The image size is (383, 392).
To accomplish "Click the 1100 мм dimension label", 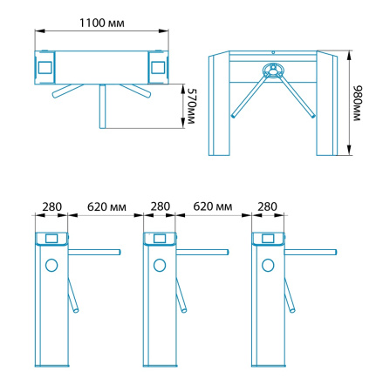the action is (102, 23).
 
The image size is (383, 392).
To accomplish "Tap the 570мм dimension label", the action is (191, 106).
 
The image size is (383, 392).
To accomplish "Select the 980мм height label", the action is (357, 103).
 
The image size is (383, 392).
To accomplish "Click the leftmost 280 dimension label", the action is (52, 206).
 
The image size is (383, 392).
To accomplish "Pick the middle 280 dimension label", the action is (161, 206).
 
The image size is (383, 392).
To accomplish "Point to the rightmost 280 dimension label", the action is (267, 206).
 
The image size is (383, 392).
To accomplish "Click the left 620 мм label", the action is (106, 206).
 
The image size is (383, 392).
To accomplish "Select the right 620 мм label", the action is (213, 206).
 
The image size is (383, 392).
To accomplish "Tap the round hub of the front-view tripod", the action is (274, 70).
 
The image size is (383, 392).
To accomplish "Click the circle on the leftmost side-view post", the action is (51, 265).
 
